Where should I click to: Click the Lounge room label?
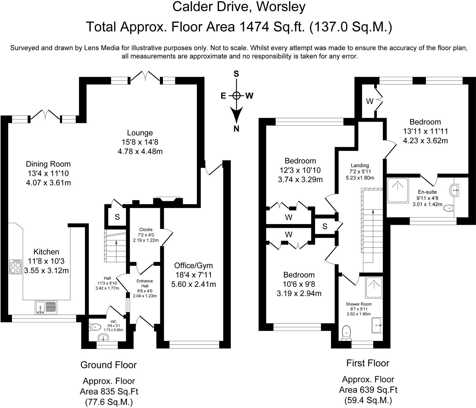140,133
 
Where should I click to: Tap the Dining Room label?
48,164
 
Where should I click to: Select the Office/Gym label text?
194,266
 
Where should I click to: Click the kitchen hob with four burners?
15,267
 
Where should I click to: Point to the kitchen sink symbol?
46,307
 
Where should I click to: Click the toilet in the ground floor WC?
95,327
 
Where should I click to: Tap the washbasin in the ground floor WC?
103,337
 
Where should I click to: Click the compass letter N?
236,129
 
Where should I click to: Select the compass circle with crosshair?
236,95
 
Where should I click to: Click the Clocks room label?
146,229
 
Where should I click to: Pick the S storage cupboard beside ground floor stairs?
117,217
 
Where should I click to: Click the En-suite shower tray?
398,190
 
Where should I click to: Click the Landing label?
360,165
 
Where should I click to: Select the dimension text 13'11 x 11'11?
425,131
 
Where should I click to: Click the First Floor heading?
368,363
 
